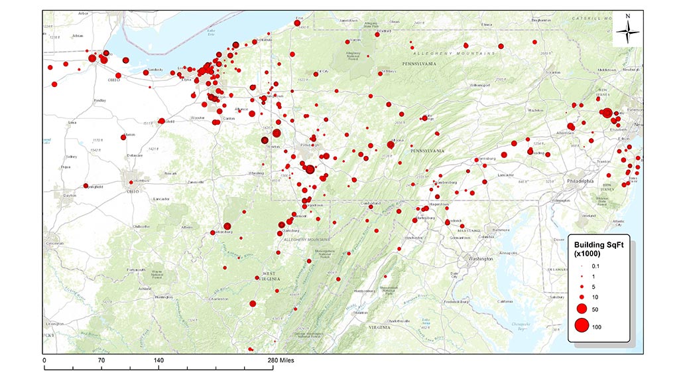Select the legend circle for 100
(x=582, y=325)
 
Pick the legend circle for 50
(x=582, y=309)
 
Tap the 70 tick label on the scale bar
(x=101, y=360)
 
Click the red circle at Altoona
(x=391, y=145)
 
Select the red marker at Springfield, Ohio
(x=86, y=186)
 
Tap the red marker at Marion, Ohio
(x=124, y=136)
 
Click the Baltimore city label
(x=499, y=230)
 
